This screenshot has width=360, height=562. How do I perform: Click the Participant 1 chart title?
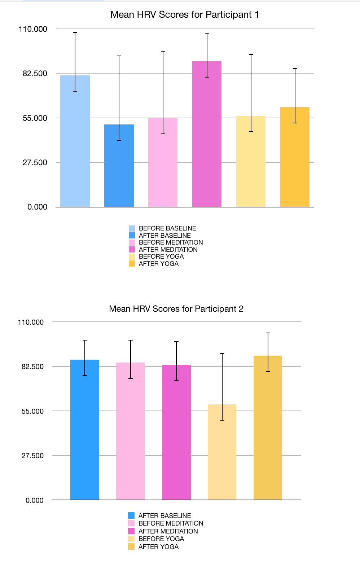[x=185, y=14]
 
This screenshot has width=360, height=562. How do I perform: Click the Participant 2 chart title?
[x=176, y=309]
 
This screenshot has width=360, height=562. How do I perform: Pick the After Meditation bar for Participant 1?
[x=207, y=137]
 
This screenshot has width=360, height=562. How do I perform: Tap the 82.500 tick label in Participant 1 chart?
[x=35, y=74]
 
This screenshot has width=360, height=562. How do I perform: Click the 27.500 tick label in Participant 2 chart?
[x=32, y=456]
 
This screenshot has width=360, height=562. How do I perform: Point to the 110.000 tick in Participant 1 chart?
[x=33, y=29]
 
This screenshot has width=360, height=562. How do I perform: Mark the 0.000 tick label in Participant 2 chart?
[x=35, y=500]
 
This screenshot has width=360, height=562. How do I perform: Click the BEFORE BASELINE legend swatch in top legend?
[x=132, y=228]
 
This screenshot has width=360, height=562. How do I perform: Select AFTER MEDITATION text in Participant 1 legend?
[x=168, y=250]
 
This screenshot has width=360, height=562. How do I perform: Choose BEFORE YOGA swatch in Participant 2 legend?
[x=131, y=539]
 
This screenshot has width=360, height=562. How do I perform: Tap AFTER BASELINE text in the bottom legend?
[x=164, y=516]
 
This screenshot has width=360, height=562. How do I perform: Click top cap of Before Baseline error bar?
[x=75, y=32]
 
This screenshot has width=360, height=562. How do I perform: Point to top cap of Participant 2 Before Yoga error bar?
[x=222, y=354]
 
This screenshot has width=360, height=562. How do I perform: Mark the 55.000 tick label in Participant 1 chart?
[x=35, y=118]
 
